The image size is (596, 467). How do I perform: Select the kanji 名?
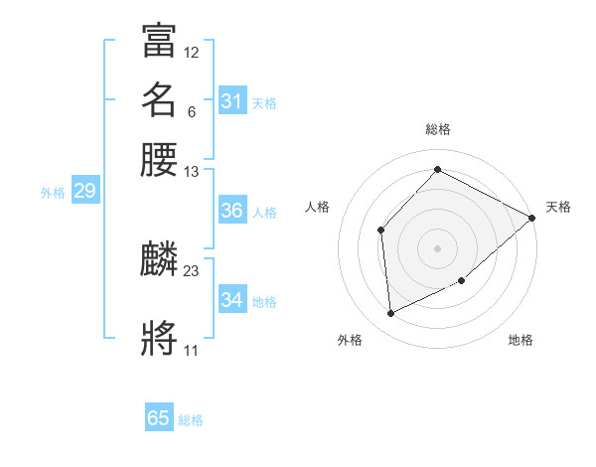click(159, 99)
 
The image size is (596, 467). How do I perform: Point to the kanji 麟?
click(159, 259)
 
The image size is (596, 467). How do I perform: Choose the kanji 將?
click(159, 337)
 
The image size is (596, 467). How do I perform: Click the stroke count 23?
click(192, 271)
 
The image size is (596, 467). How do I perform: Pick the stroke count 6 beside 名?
click(191, 111)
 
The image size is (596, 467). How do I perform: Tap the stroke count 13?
click(192, 172)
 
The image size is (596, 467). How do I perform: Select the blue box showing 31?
click(231, 101)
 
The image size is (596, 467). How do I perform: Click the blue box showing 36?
click(231, 211)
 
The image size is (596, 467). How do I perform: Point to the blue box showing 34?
click(231, 300)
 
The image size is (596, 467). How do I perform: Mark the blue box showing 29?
click(84, 191)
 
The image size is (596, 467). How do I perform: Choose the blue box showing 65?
click(159, 418)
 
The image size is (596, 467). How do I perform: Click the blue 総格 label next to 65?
click(191, 420)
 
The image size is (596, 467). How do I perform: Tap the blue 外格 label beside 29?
click(53, 193)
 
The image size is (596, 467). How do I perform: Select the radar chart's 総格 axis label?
click(437, 129)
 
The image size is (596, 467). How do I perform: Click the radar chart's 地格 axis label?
click(521, 341)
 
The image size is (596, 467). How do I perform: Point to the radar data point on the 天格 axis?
click(531, 218)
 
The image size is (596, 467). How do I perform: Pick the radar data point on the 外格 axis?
click(390, 314)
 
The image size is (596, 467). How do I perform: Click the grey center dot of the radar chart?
click(437, 247)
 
